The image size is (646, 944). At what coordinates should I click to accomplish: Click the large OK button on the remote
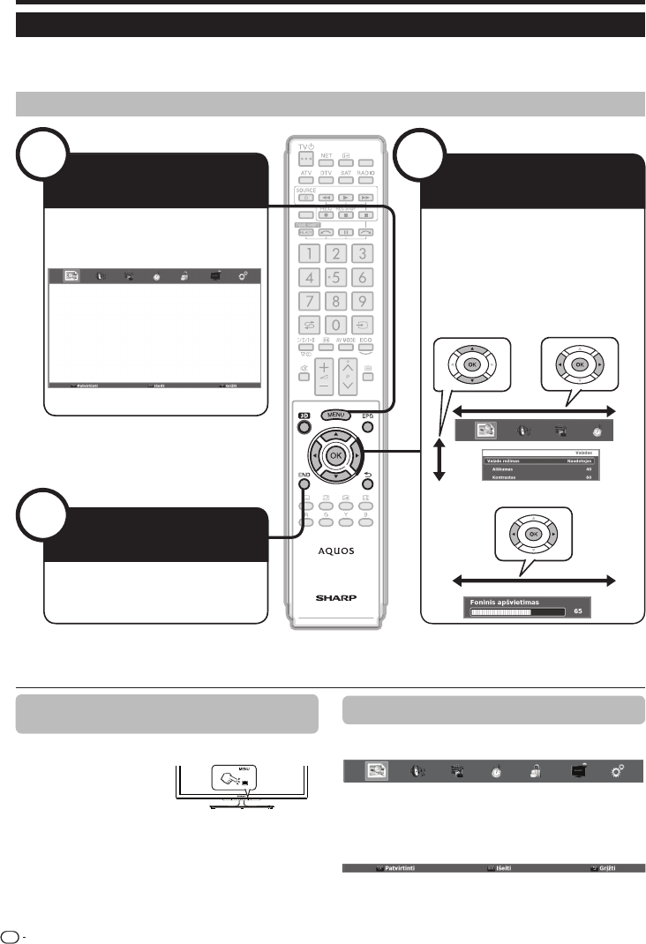click(334, 454)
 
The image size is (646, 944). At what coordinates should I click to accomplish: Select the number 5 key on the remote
click(335, 278)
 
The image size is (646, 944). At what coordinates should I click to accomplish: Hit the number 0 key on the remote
click(335, 324)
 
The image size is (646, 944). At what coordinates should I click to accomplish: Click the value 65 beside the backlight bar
click(577, 610)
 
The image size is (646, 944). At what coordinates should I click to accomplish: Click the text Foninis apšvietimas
click(504, 602)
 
